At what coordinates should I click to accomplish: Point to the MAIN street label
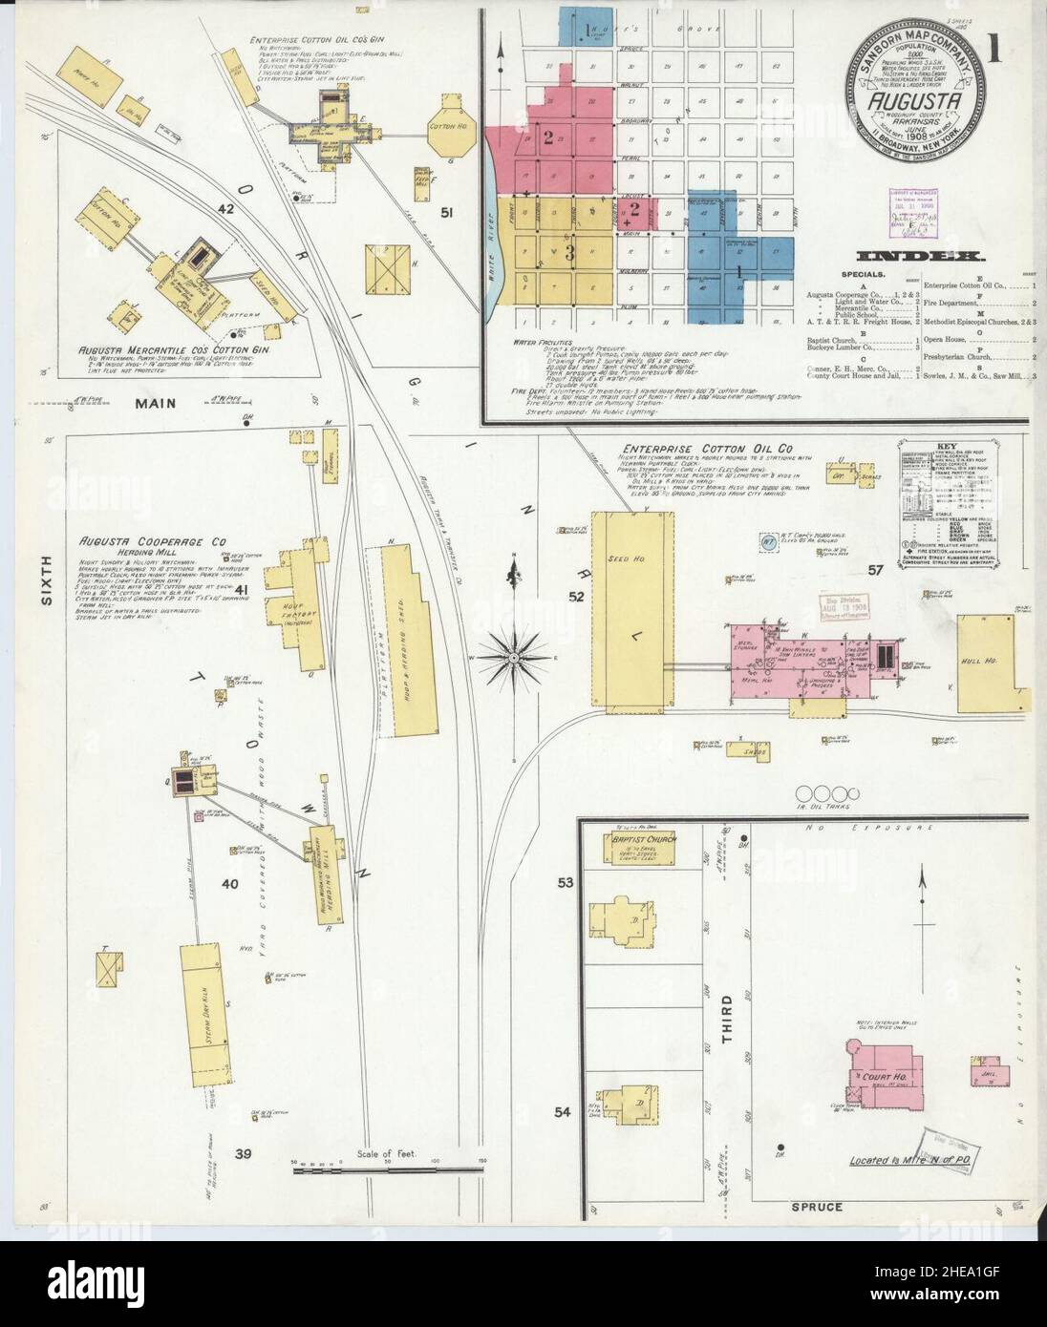[155, 403]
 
